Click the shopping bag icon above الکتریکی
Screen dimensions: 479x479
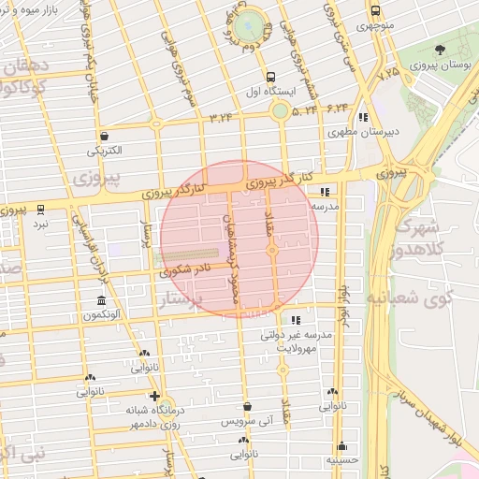point(106,136)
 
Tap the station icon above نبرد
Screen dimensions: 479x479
point(40,210)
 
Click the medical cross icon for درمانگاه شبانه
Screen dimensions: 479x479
point(153,396)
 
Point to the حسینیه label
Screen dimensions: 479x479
point(341,460)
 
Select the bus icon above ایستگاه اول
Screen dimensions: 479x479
point(270,77)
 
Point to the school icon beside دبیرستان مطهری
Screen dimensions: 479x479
point(362,117)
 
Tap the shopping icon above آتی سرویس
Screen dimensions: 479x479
point(247,407)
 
